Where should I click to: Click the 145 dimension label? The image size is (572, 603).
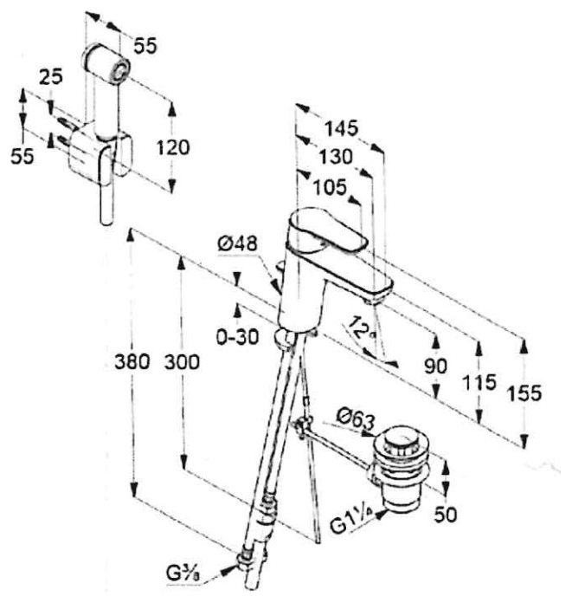pyautogui.click(x=340, y=128)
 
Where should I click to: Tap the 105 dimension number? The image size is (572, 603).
pyautogui.click(x=329, y=186)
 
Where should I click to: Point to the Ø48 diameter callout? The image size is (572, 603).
pyautogui.click(x=238, y=245)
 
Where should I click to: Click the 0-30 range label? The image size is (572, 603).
pyautogui.click(x=238, y=338)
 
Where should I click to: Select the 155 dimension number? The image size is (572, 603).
pyautogui.click(x=524, y=393)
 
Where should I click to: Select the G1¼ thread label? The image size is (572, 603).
pyautogui.click(x=350, y=526)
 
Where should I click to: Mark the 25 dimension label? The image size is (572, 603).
pyautogui.click(x=51, y=77)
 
